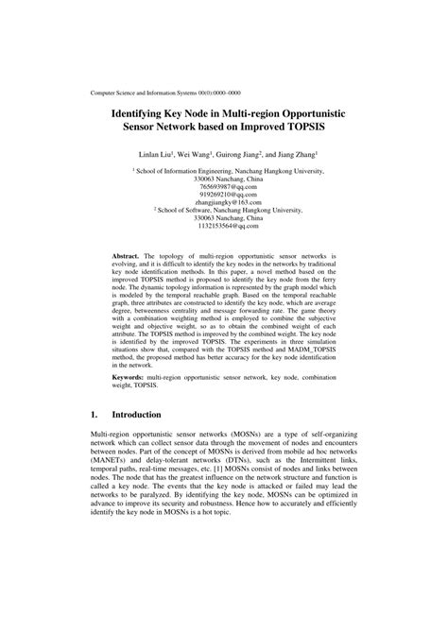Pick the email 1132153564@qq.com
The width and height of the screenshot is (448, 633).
223,227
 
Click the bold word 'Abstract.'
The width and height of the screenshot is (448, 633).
126,256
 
